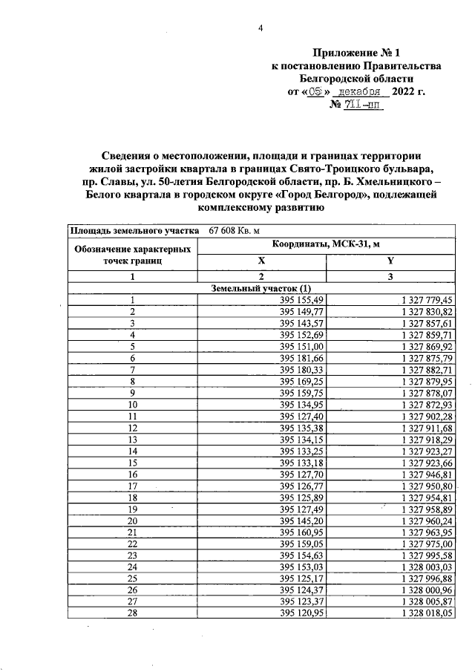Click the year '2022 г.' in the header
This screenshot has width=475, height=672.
pyautogui.click(x=407, y=92)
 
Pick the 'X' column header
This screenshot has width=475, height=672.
pyautogui.click(x=261, y=261)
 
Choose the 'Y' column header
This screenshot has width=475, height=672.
pyautogui.click(x=390, y=261)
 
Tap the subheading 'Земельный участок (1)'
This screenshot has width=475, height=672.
pyautogui.click(x=261, y=287)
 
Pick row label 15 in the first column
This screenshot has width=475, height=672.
pyautogui.click(x=132, y=461)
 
